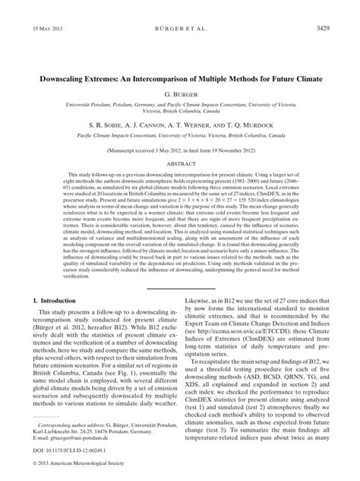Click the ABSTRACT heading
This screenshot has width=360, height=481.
[180, 163]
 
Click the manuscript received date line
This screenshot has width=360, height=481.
[180, 150]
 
